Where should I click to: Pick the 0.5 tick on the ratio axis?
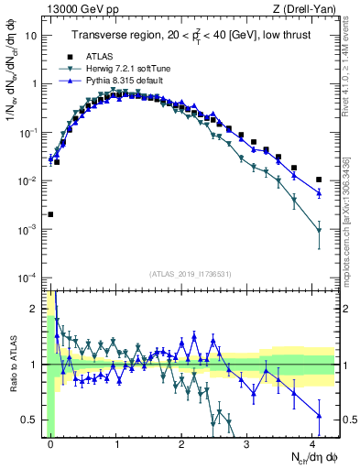30,420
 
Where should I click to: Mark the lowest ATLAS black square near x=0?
50,214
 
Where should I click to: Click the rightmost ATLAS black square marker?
318,180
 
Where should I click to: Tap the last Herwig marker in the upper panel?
318,231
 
